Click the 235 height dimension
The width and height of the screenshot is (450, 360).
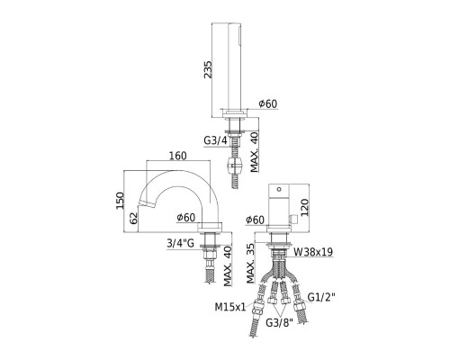[208, 69]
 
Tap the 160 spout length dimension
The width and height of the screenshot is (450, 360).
[177, 156]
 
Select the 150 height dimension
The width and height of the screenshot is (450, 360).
[120, 201]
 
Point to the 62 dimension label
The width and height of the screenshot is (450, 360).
[134, 218]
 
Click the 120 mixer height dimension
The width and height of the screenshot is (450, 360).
[304, 207]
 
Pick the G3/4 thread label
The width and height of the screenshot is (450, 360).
[215, 140]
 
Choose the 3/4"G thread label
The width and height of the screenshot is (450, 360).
[181, 243]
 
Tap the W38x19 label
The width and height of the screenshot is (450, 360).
[313, 252]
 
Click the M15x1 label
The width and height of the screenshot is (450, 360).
[230, 307]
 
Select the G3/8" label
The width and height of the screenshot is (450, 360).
[279, 323]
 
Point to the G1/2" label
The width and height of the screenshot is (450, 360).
[321, 297]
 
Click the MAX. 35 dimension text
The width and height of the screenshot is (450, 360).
[250, 264]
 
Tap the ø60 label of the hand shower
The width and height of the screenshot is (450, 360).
[268, 103]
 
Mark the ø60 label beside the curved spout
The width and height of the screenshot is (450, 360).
[185, 218]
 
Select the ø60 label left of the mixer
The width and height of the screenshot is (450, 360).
[255, 220]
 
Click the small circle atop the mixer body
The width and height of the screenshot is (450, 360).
[279, 189]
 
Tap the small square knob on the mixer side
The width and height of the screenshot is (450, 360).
[293, 219]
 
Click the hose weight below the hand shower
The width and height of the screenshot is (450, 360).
[235, 166]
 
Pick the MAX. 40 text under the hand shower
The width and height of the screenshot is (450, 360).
[255, 152]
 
